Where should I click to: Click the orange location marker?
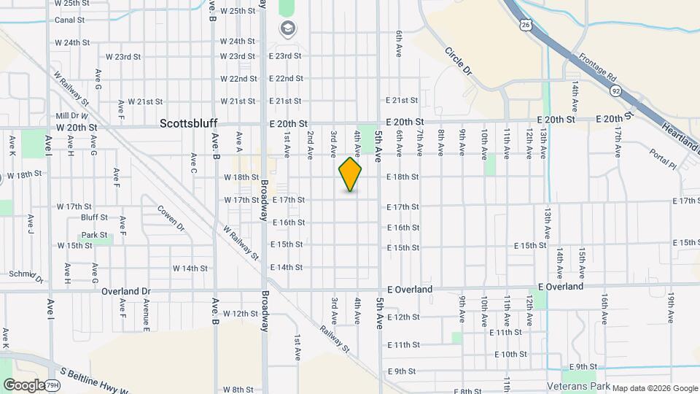click(x=351, y=174)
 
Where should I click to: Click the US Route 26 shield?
click(x=525, y=26)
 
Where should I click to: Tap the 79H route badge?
click(x=52, y=385)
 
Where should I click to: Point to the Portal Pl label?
click(x=663, y=160)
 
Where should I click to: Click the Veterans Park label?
click(x=576, y=385)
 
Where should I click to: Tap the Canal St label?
click(x=70, y=20)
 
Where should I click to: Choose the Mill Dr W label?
click(x=71, y=115)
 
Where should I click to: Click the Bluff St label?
click(x=94, y=217)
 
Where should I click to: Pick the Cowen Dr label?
click(x=171, y=218)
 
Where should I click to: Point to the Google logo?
click(x=23, y=385)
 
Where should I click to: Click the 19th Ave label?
click(x=670, y=306)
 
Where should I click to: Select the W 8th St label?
click(x=238, y=390)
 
